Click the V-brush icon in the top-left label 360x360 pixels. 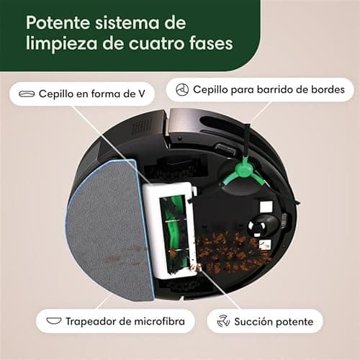pyautogui.click(x=27, y=94)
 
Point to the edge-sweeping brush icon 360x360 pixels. pyautogui.click(x=183, y=91)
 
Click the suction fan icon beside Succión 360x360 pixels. pyautogui.click(x=224, y=320)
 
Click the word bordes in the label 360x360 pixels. pyautogui.click(x=328, y=91)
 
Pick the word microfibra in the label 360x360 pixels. pyautogui.click(x=160, y=320)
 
